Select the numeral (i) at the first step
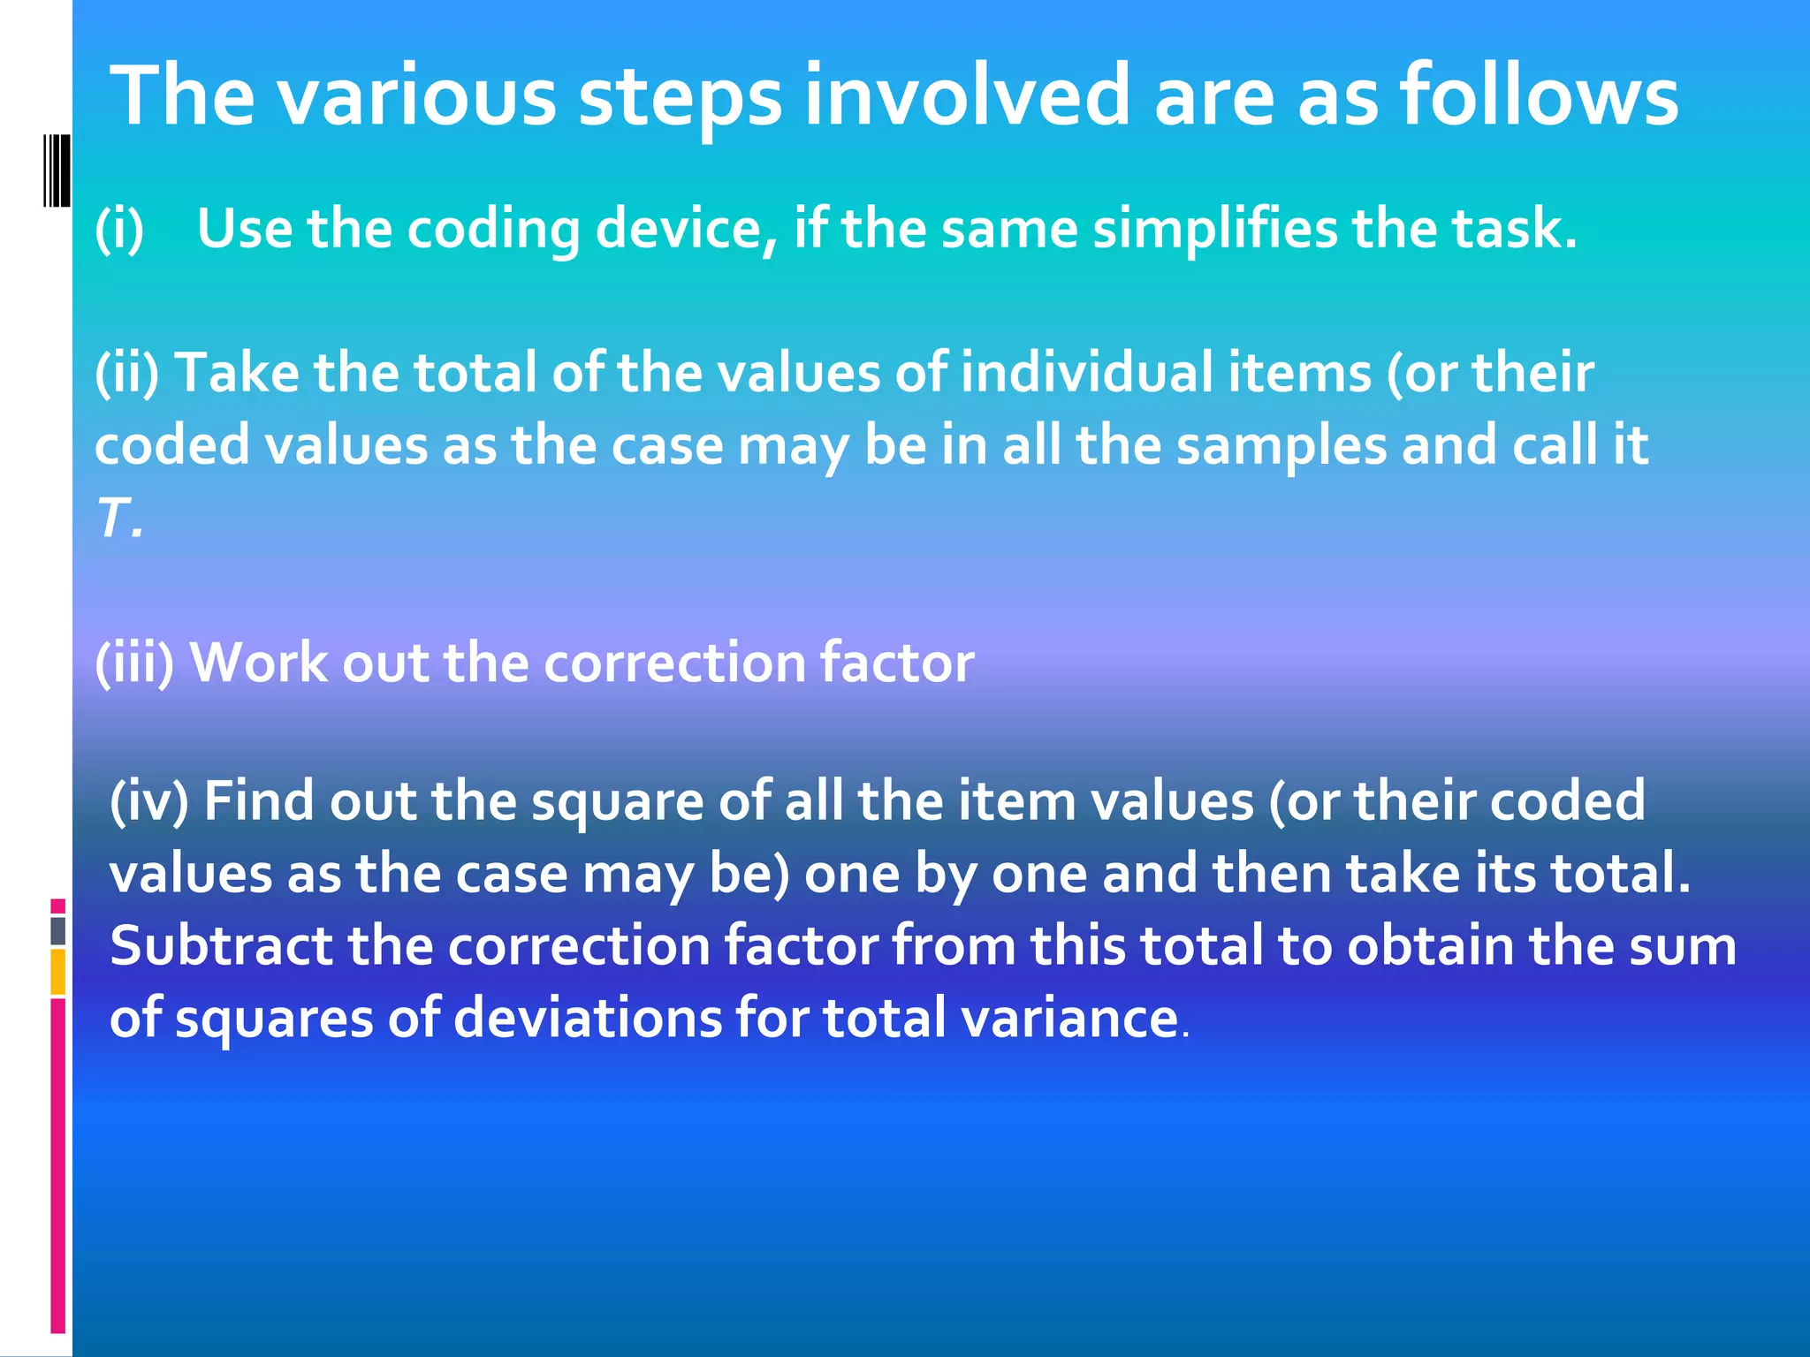[x=119, y=229]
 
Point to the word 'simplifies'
[x=1215, y=229]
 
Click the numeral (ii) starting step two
[x=127, y=372]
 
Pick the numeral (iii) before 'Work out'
[x=134, y=663]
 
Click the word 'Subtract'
[x=221, y=945]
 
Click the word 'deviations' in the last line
[x=588, y=1018]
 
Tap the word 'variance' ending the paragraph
[x=1069, y=1018]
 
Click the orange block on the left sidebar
[x=57, y=972]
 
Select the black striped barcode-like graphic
[x=57, y=170]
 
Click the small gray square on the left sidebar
[x=57, y=930]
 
